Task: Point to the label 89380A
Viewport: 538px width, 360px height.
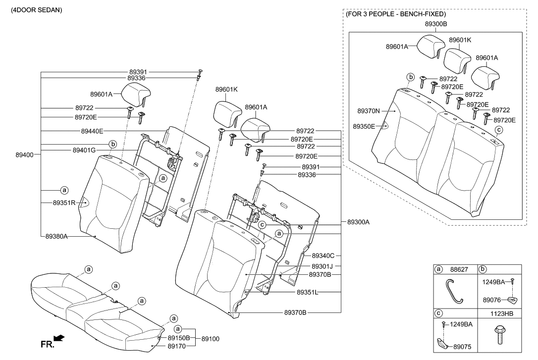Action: pos(56,236)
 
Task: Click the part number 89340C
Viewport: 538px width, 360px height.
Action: pos(323,256)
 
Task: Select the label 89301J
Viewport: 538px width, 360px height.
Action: pos(323,266)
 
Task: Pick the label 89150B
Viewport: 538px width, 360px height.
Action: pos(179,338)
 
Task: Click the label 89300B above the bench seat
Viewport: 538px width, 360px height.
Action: pos(436,23)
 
